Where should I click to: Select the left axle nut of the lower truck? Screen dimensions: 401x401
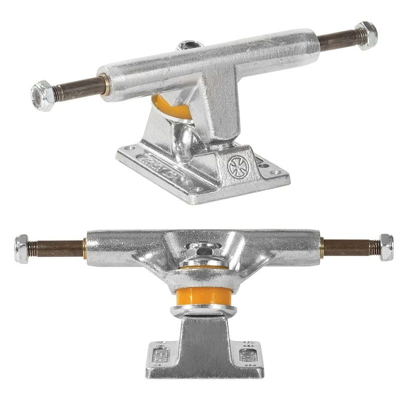coord(23,247)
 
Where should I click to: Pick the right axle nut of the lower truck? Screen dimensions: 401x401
coord(385,247)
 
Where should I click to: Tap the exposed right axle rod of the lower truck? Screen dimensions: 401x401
coord(348,247)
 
